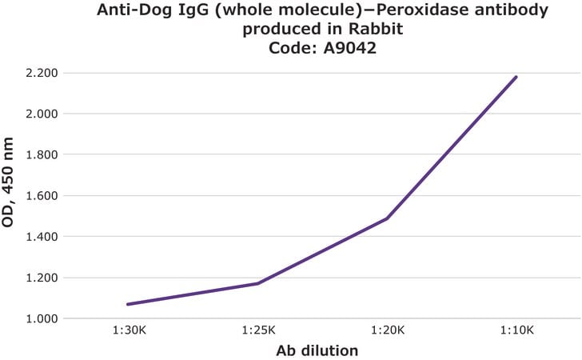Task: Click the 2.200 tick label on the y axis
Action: click(42, 73)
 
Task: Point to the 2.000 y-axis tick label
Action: click(42, 114)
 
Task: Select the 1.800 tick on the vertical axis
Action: click(42, 154)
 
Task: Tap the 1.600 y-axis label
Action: click(42, 195)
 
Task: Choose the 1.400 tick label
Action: click(42, 236)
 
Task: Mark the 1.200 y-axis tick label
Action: click(42, 278)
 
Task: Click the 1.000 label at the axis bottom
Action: click(42, 318)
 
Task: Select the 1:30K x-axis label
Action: click(130, 330)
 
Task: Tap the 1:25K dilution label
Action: click(258, 330)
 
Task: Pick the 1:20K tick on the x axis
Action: click(388, 330)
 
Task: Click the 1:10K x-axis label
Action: click(516, 330)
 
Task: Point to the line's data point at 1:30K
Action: click(128, 304)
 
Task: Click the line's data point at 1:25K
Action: click(257, 283)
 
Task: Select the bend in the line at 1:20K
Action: click(387, 218)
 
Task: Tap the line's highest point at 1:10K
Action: click(516, 77)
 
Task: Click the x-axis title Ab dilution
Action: click(317, 350)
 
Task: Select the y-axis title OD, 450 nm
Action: click(7, 182)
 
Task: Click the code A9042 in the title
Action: click(350, 48)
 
